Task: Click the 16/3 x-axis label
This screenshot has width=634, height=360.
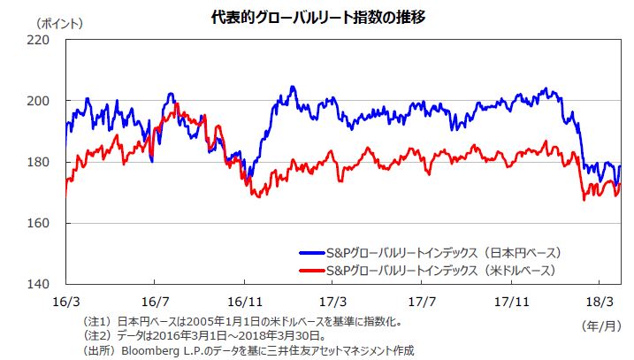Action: click(x=66, y=301)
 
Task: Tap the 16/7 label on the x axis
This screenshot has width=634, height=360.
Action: click(x=155, y=301)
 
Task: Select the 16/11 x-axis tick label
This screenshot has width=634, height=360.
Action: click(x=242, y=301)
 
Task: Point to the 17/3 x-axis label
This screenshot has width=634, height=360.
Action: click(x=333, y=301)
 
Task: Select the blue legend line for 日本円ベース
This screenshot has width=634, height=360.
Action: click(x=310, y=252)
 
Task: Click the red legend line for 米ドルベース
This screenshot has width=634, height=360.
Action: click(x=310, y=269)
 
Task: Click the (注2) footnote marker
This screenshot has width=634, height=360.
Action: click(x=96, y=335)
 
